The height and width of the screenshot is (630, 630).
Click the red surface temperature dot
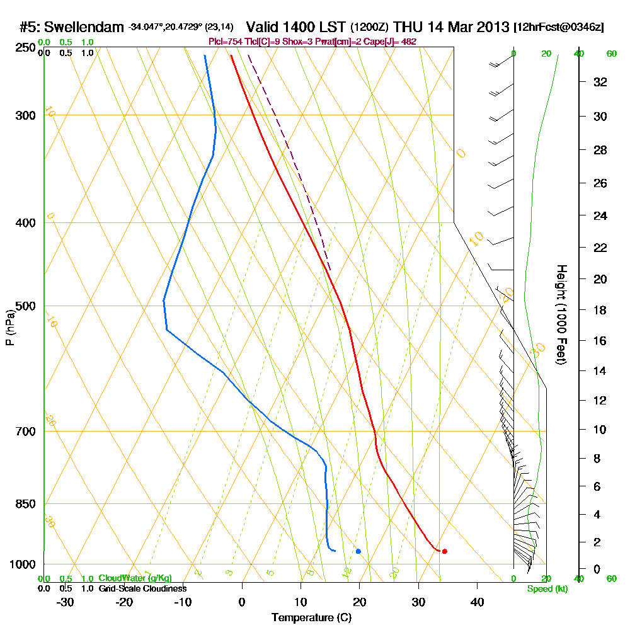tap(444, 551)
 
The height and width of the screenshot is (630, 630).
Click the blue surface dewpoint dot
tap(358, 551)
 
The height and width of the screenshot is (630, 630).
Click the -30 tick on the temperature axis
tap(66, 602)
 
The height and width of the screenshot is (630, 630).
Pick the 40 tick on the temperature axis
tap(477, 602)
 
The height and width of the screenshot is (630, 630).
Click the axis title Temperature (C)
tap(311, 617)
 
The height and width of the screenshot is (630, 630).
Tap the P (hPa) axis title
tap(9, 328)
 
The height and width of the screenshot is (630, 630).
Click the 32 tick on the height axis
tap(600, 82)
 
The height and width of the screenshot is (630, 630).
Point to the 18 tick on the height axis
tap(600, 310)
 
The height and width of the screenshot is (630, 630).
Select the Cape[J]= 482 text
tap(392, 42)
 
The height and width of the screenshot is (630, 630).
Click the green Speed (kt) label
tap(547, 588)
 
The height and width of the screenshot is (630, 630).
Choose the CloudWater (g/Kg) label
tap(135, 578)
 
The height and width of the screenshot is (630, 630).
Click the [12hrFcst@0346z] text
tap(559, 28)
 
